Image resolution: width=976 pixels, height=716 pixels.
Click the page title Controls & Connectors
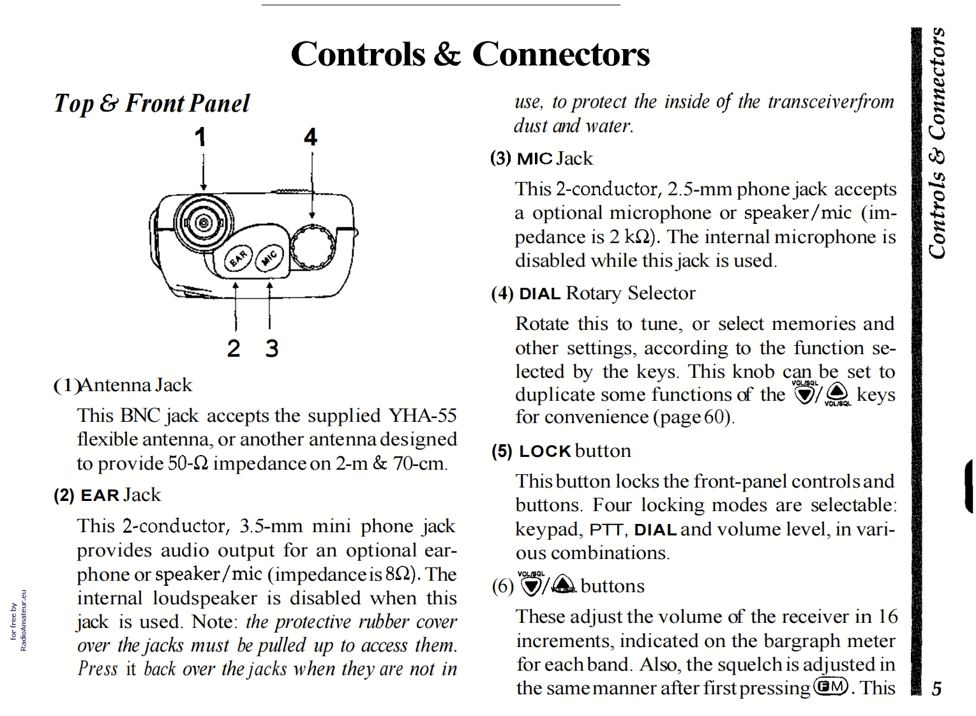(x=470, y=54)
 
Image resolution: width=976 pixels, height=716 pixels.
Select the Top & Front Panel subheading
(x=152, y=103)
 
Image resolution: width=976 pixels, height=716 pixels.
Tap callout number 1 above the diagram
(x=200, y=137)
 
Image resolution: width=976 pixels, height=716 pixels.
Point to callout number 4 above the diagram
(x=310, y=137)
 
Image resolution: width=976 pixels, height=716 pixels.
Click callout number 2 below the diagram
(x=234, y=348)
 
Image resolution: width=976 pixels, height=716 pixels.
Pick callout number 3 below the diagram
(x=272, y=348)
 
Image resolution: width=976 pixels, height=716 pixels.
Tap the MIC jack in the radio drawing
(x=270, y=257)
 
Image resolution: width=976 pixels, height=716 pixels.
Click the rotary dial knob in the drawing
(x=312, y=247)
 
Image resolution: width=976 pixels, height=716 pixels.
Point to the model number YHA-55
(x=423, y=415)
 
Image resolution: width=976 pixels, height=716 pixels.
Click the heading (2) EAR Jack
(x=107, y=495)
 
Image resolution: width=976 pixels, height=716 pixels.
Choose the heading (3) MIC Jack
(x=541, y=158)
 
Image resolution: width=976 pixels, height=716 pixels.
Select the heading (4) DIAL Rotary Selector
(x=593, y=294)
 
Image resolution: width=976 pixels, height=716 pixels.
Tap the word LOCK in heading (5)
(x=544, y=452)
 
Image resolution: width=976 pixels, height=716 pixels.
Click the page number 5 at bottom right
(x=936, y=689)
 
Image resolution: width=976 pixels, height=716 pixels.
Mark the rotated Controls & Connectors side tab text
(x=937, y=143)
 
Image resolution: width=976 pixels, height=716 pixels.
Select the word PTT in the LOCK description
(x=606, y=530)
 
